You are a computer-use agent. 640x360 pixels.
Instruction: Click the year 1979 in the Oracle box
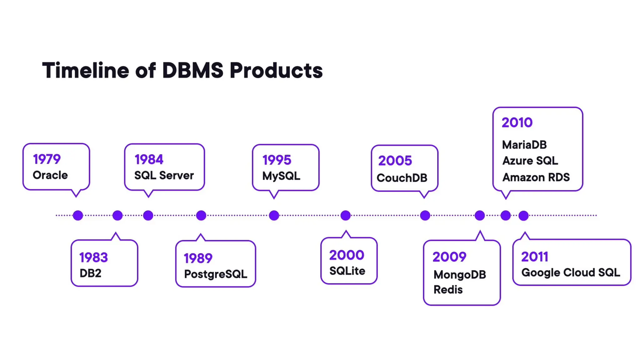point(47,159)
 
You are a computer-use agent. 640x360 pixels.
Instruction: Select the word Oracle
point(50,175)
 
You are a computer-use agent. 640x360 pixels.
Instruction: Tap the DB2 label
point(90,273)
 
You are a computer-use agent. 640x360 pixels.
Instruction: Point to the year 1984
point(149,160)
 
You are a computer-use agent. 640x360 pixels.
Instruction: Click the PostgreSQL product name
point(215,274)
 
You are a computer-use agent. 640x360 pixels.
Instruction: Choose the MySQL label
point(281,176)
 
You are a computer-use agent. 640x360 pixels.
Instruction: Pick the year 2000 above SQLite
point(347,255)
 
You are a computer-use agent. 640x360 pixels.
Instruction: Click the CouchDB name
point(402,178)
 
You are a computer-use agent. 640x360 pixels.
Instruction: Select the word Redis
point(448,290)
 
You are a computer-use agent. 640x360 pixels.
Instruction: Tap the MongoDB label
point(460,275)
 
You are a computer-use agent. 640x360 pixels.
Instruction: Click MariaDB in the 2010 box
point(524,145)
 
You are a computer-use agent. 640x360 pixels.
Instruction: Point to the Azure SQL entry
point(530,161)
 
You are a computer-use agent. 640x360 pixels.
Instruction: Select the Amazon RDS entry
point(536,177)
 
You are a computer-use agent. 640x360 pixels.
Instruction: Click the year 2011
point(534,257)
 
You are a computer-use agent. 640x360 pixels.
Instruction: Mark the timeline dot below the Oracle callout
point(78,215)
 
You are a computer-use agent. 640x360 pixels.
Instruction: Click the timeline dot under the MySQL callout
point(274,215)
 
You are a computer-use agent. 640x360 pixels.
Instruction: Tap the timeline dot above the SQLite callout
point(345,215)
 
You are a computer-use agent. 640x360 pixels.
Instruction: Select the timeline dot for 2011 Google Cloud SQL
point(523,215)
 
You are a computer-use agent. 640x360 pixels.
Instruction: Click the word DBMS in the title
point(193,70)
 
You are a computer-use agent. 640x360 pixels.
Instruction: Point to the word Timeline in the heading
point(85,70)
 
